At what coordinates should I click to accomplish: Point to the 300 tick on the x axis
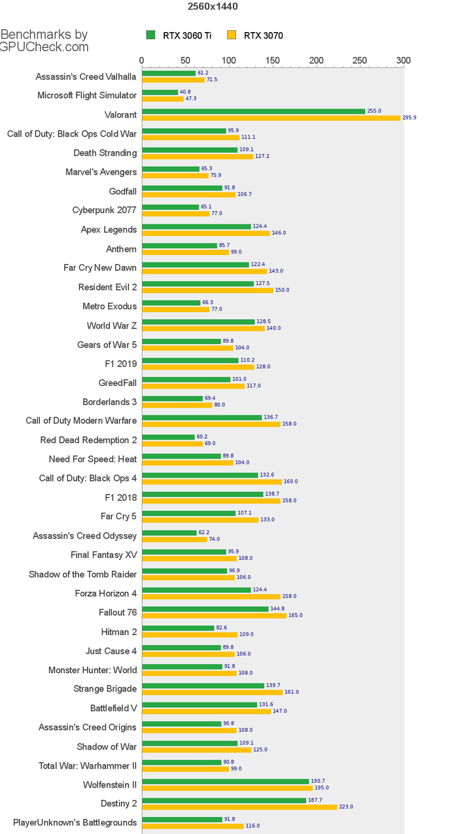pyautogui.click(x=403, y=61)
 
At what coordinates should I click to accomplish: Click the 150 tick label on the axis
pyautogui.click(x=272, y=61)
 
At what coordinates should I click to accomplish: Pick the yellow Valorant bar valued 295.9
pyautogui.click(x=271, y=118)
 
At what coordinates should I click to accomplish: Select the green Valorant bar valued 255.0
pyautogui.click(x=253, y=111)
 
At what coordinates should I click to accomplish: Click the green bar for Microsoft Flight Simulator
pyautogui.click(x=160, y=92)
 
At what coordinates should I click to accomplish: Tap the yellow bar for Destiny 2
pyautogui.click(x=239, y=807)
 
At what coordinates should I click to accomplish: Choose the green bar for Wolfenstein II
pyautogui.click(x=225, y=781)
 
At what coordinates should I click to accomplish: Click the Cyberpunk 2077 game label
pyautogui.click(x=104, y=211)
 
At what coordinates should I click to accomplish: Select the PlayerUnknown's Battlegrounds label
pyautogui.click(x=75, y=823)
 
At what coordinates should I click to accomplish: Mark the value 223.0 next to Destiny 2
pyautogui.click(x=345, y=807)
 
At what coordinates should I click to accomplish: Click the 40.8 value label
pyautogui.click(x=185, y=92)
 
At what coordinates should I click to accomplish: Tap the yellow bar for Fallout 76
pyautogui.click(x=214, y=615)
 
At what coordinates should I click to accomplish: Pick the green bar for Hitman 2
pyautogui.click(x=178, y=628)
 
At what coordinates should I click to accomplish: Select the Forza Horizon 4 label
pyautogui.click(x=105, y=593)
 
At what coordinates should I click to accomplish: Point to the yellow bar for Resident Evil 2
pyautogui.click(x=207, y=290)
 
